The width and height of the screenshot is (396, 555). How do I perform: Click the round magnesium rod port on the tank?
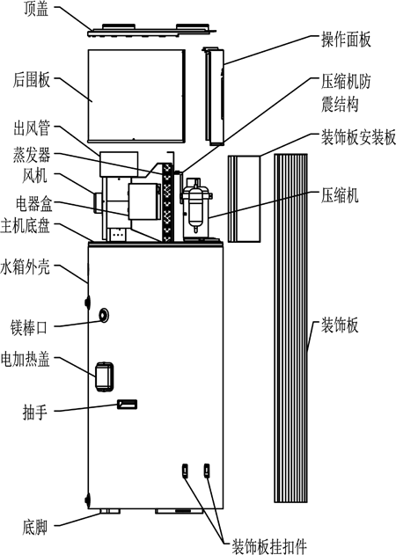click(x=106, y=315)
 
